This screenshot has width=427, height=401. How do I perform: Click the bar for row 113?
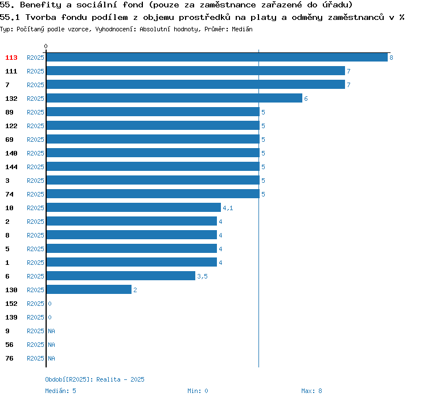[x=216, y=58]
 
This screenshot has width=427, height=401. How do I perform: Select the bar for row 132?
[x=174, y=99]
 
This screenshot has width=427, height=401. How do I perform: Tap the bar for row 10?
[x=133, y=208]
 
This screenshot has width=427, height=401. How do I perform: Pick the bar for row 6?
[x=120, y=276]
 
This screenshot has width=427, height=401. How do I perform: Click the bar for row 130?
[x=88, y=290]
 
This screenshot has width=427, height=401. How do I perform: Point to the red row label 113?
[x=11, y=58]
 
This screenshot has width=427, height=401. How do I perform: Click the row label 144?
[x=11, y=167]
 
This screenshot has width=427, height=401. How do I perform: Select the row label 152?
[x=11, y=304]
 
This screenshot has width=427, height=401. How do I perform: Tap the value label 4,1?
[x=228, y=208]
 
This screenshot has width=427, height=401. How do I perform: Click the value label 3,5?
[x=202, y=276]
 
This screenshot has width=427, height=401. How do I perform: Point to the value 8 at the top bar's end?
[x=391, y=58]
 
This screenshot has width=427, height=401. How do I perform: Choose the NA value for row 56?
[x=51, y=345]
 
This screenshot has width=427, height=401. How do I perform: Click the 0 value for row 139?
[x=50, y=317]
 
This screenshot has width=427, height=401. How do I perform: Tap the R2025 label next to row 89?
[x=35, y=112]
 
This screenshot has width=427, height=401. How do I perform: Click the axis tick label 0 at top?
[x=46, y=46]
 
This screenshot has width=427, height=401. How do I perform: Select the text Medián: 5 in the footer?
[x=61, y=391]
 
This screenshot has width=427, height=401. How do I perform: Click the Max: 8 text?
[x=311, y=391]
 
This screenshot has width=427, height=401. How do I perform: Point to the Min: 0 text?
[x=198, y=391]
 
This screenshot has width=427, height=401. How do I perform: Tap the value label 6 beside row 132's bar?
[x=306, y=99]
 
